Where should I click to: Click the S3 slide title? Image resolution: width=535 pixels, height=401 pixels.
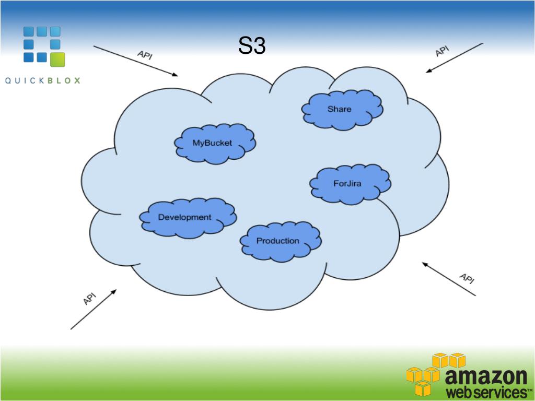tap(252, 46)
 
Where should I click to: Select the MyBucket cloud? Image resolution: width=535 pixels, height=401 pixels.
tap(212, 143)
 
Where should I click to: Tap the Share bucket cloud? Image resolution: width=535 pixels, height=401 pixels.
tap(340, 109)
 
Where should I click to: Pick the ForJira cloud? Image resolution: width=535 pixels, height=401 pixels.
tap(347, 183)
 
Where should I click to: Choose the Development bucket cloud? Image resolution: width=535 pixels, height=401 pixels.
tap(185, 217)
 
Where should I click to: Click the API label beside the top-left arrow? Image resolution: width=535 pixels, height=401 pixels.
tap(145, 55)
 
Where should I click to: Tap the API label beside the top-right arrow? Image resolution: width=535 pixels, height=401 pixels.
tap(442, 51)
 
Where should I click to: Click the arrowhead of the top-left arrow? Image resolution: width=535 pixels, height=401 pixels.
tap(176, 75)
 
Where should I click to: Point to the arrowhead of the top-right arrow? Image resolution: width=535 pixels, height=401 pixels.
tap(428, 71)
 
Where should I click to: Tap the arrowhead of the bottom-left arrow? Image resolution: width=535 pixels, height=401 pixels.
tap(114, 291)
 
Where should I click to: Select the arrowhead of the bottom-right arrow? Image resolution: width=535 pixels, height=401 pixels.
tap(425, 264)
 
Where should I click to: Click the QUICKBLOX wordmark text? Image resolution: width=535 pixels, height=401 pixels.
tap(43, 80)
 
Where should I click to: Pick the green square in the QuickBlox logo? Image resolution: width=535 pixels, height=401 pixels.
tap(57, 60)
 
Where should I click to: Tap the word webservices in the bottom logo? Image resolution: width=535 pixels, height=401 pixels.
tap(483, 392)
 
